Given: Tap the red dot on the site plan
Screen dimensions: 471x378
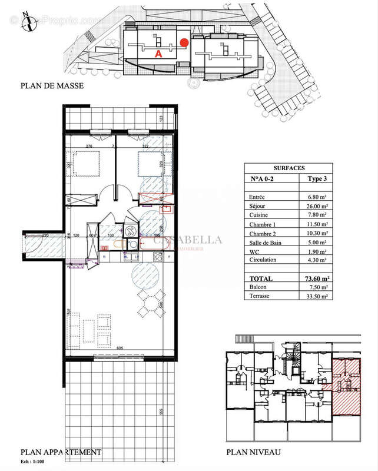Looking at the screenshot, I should [184, 42].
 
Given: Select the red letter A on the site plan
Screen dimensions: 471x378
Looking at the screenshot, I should [158, 54].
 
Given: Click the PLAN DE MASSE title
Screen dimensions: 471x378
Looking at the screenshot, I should [52, 86].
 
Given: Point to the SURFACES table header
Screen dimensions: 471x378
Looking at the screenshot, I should [288, 167].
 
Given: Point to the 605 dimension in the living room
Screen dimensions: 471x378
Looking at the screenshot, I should [120, 348].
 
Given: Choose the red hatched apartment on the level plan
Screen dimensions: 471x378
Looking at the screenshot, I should [346, 386].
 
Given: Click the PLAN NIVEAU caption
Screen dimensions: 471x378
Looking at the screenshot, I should [254, 452].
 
